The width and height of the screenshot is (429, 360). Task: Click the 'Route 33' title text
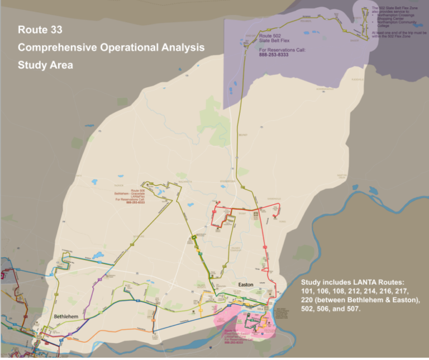point(38,29)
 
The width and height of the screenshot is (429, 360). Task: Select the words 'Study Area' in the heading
point(45,65)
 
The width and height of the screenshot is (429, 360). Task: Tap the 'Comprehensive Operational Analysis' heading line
point(111,47)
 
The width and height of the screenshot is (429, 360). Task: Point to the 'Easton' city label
point(246,285)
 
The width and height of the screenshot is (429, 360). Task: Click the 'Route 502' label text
point(269,36)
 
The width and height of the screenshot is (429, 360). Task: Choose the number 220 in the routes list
point(309,300)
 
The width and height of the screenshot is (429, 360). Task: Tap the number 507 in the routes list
point(354,309)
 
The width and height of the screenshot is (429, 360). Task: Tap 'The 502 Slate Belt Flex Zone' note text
point(394,8)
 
